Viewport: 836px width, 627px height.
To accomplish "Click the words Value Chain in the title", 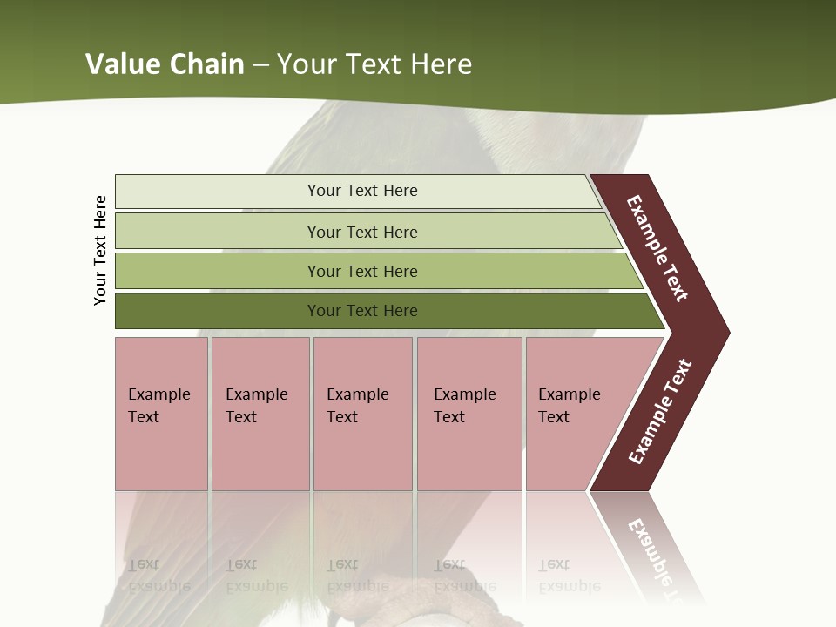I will tap(165, 64).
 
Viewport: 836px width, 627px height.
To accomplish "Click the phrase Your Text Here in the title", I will tap(374, 64).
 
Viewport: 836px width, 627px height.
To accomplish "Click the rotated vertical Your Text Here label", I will tap(101, 250).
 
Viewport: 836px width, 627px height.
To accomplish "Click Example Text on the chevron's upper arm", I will tap(657, 248).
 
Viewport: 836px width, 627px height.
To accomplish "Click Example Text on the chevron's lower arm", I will tap(660, 412).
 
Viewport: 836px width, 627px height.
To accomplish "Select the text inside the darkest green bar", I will tap(362, 311).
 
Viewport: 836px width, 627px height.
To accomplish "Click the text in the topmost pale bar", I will tap(362, 191).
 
